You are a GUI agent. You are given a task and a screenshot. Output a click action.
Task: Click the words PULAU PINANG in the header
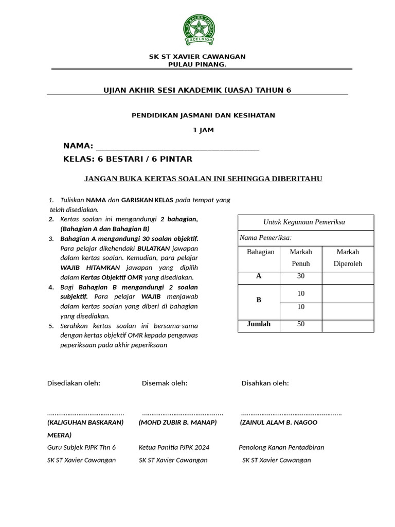click(197, 64)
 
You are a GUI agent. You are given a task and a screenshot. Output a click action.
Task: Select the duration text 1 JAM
click(203, 130)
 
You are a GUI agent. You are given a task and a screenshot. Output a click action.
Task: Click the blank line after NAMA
click(177, 146)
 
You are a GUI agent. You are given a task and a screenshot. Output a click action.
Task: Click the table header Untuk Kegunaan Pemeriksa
click(304, 222)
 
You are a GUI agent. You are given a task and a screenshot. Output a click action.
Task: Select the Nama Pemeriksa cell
click(266, 238)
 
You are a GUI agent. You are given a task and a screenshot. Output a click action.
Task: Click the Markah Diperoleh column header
click(348, 257)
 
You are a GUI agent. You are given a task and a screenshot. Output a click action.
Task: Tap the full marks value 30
click(301, 276)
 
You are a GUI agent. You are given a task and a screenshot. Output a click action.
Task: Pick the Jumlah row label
click(259, 324)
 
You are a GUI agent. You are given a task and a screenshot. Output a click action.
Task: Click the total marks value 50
click(301, 324)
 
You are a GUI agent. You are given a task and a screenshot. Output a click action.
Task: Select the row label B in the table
click(259, 300)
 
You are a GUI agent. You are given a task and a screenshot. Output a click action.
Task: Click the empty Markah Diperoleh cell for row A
click(348, 277)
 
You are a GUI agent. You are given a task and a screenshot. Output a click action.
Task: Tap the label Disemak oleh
click(165, 383)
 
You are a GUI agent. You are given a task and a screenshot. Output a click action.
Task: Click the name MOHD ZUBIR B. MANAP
click(177, 423)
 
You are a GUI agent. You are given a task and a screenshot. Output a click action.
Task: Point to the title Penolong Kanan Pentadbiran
click(281, 447)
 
